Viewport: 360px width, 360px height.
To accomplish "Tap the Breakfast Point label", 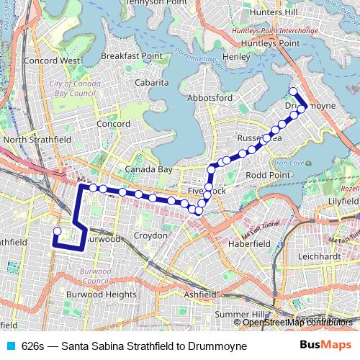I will tap(131, 55).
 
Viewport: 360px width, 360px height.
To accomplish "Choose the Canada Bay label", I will tap(148, 169).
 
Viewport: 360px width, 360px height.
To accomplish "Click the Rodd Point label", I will tap(268, 175).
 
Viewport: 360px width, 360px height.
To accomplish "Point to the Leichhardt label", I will tap(332, 256).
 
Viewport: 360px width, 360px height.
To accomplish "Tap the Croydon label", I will tap(150, 235).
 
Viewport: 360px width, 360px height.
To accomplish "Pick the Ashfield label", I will tap(199, 294).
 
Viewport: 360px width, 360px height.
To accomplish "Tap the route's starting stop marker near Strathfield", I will tap(57, 231).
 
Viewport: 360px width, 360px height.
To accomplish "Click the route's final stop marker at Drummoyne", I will tap(293, 91).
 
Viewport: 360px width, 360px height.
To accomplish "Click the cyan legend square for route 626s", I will tap(10, 346).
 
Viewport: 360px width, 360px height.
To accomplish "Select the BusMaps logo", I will tap(326, 346).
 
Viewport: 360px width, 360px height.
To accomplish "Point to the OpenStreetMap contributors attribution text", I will tap(297, 323).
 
